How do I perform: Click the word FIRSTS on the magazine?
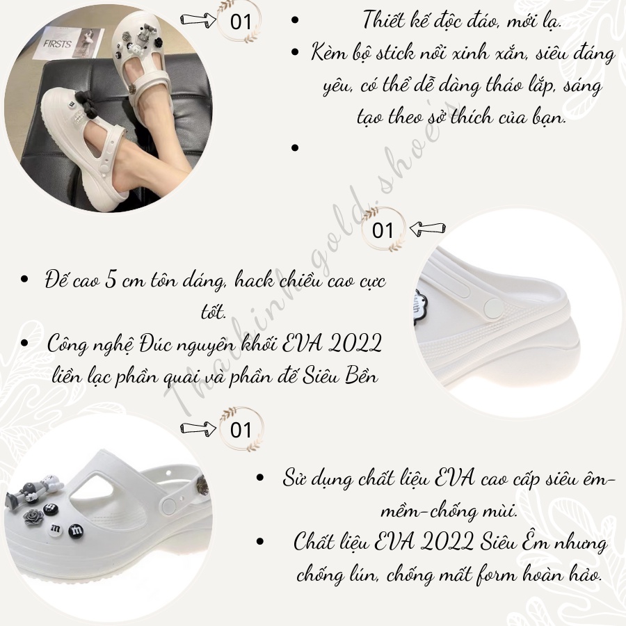pos(57,44)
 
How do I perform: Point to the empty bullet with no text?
pos(295,148)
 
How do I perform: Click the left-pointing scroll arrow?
pos(428,229)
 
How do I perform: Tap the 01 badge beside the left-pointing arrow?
pos(383,230)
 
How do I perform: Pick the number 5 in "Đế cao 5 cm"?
pos(111,280)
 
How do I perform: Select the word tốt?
pos(214,312)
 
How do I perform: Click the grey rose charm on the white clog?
pos(33,517)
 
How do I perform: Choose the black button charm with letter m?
pos(77,530)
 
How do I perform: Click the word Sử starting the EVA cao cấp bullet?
pos(295,478)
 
